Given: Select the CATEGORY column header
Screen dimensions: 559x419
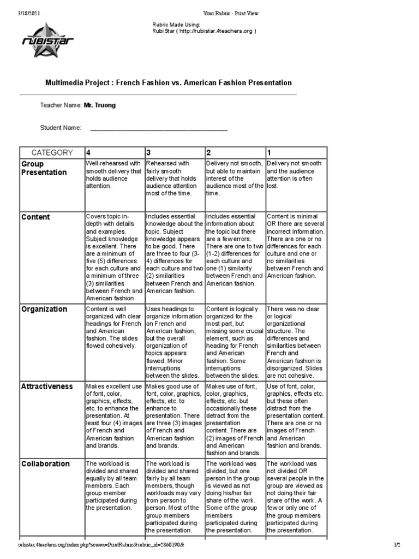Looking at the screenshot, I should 51,152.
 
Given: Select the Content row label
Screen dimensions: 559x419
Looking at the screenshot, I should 35,217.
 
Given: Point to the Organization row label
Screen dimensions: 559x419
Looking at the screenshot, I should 44,309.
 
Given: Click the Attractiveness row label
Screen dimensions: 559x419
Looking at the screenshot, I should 47,386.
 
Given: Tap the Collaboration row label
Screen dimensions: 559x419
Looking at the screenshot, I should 45,463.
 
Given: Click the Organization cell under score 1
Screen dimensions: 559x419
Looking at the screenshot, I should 295,342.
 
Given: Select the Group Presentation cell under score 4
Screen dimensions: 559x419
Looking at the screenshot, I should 113,175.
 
